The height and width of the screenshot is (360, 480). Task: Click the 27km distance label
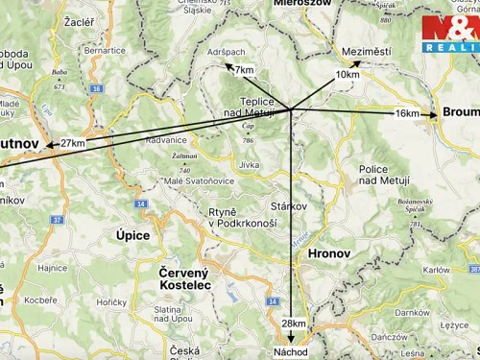coord(73,143)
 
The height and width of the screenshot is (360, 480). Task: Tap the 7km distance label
coord(244,70)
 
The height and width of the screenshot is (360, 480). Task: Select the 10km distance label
coord(348,74)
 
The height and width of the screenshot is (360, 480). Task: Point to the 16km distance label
coord(407,113)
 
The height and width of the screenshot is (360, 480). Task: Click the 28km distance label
coord(294,324)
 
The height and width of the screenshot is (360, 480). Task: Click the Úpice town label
coord(133,234)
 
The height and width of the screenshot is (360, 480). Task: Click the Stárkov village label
coord(288,205)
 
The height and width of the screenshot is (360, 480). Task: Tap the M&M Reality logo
coord(449,34)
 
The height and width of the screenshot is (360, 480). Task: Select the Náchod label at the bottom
coord(291,352)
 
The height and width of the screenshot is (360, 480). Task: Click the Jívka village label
coord(250,165)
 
